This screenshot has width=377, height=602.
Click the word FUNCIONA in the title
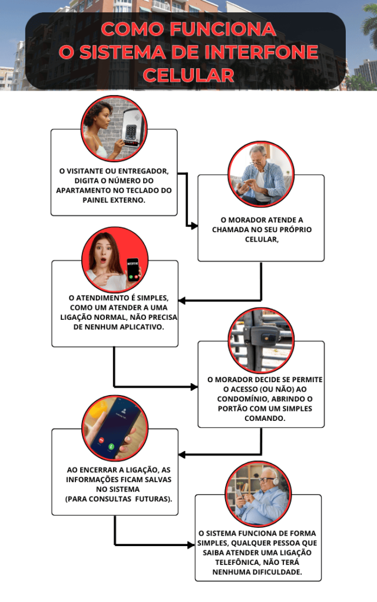click(x=223, y=29)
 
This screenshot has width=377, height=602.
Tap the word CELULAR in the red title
click(x=188, y=75)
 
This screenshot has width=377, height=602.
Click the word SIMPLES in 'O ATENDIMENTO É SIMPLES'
click(x=153, y=298)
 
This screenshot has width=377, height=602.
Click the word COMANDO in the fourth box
click(x=265, y=418)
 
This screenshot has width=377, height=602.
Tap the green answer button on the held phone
click(x=111, y=447)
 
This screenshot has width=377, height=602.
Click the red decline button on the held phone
click(x=101, y=440)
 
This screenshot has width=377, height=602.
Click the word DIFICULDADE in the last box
click(x=279, y=572)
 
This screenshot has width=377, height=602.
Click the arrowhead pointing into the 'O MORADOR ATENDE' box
click(x=194, y=226)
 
